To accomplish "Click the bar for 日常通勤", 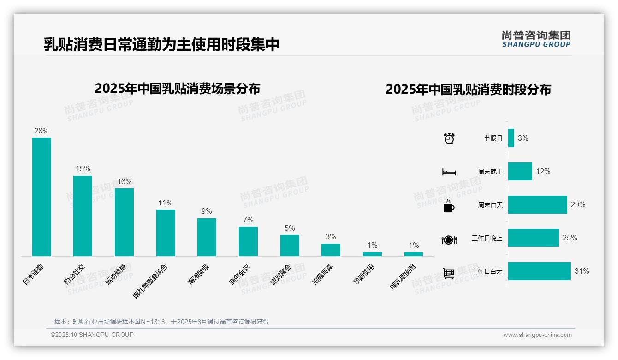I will pos(42,197).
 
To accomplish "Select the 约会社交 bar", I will pos(83,216).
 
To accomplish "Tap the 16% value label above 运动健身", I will pos(124,182).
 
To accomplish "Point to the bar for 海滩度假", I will pos(207,237).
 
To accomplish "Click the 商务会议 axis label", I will pos(240,275).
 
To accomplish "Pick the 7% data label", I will pos(248,220).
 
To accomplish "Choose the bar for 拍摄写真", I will pos(331,250).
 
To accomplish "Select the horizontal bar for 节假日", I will pos(511,138).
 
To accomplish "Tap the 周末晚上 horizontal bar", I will pos(520,171).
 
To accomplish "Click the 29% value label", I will pos(578,204).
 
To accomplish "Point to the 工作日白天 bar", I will pos(539,271).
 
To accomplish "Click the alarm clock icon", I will pos(449,138).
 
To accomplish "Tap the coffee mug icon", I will pos(449,206).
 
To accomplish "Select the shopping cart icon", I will pos(449,273).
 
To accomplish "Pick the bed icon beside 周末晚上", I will pos(449,172).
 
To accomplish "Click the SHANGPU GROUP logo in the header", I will pos(536,39).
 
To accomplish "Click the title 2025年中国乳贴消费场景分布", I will pos(178,89).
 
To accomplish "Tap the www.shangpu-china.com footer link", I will pos(537,335).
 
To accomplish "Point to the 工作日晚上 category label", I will pos(487,238).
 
